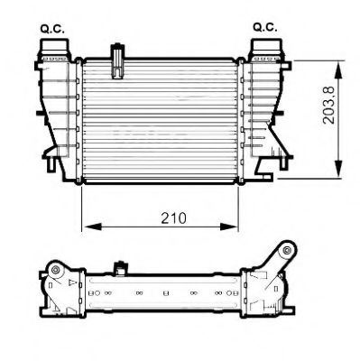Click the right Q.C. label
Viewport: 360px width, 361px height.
[x=264, y=28]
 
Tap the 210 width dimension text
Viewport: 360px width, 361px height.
[x=162, y=218]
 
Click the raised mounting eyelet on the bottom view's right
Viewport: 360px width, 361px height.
[x=287, y=248]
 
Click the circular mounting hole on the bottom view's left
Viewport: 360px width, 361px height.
[x=55, y=270]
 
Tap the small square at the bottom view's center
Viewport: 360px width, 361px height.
[x=166, y=293]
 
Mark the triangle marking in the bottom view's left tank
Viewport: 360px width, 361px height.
[x=67, y=282]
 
